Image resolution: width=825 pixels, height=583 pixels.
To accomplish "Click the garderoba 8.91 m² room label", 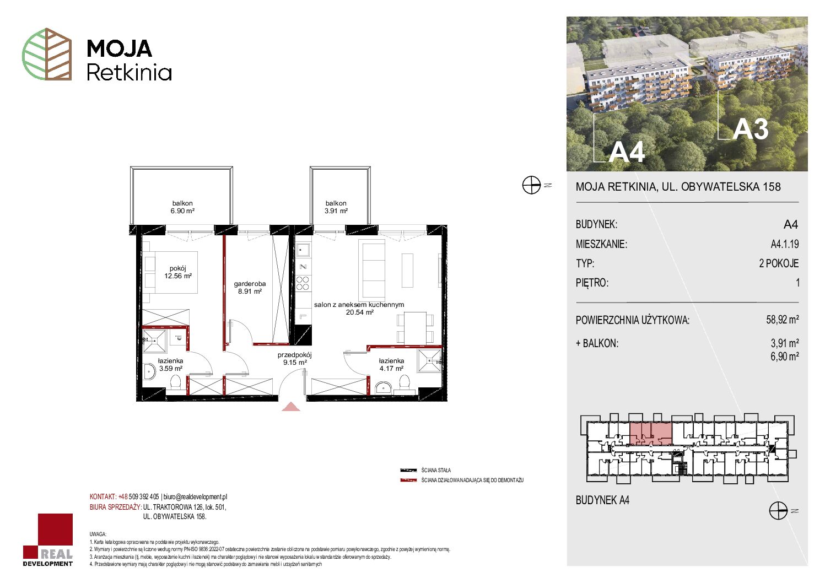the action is pyautogui.click(x=250, y=288).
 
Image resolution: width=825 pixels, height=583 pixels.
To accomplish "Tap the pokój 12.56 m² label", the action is pyautogui.click(x=178, y=272).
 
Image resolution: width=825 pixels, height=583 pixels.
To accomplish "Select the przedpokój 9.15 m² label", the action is pyautogui.click(x=295, y=359).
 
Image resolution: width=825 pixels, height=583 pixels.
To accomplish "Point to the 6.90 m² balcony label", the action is pyautogui.click(x=182, y=207).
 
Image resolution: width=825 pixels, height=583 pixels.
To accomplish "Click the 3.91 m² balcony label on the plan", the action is pyautogui.click(x=336, y=207).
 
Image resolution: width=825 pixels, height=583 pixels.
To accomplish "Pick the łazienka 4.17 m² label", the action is pyautogui.click(x=391, y=365).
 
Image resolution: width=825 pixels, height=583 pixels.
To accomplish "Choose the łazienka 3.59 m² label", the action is pyautogui.click(x=170, y=365).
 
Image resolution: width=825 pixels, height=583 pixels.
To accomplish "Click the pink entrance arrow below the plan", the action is pyautogui.click(x=291, y=407).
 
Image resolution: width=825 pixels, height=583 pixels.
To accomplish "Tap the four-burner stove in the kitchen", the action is pyautogui.click(x=303, y=284).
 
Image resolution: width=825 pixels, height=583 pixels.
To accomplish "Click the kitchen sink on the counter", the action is pyautogui.click(x=303, y=251).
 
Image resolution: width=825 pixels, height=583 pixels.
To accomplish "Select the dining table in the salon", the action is pyautogui.click(x=415, y=328).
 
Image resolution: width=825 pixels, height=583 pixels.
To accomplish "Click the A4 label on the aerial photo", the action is pyautogui.click(x=627, y=152).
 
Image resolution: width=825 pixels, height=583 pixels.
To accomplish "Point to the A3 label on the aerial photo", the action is pyautogui.click(x=751, y=129).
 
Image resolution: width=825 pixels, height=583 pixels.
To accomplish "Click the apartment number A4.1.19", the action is pyautogui.click(x=785, y=244).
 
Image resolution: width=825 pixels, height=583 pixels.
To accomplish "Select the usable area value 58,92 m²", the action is pyautogui.click(x=782, y=319).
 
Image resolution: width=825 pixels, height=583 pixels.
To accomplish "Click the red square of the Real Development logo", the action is pyautogui.click(x=55, y=531).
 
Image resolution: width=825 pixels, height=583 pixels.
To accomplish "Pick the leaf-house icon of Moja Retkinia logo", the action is pyautogui.click(x=47, y=54).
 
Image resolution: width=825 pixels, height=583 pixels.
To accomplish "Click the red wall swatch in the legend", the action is pyautogui.click(x=408, y=481).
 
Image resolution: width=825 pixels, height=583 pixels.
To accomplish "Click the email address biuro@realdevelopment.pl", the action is pyautogui.click(x=195, y=497).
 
